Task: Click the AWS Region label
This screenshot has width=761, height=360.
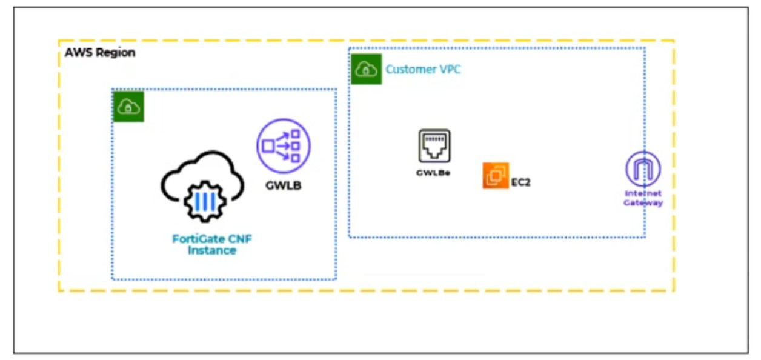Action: [100, 53]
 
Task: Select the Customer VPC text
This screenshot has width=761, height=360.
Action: [423, 69]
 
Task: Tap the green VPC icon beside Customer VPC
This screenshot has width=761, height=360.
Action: [366, 69]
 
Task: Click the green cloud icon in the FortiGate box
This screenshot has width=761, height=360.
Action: [128, 107]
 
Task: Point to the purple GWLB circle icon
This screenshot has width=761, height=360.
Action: [283, 146]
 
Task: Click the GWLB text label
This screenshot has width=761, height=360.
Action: [284, 185]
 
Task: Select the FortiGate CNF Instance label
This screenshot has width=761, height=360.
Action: [212, 244]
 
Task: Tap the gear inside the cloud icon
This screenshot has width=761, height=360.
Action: [205, 202]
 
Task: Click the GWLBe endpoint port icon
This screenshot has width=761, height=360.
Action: [434, 146]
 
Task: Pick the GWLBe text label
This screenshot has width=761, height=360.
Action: [433, 173]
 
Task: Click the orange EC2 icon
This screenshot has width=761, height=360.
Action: [496, 175]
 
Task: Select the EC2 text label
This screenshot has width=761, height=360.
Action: [521, 182]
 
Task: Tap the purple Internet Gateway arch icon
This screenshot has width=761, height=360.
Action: [643, 169]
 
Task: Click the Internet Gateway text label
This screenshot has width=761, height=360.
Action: [643, 198]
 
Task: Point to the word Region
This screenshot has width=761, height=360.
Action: [116, 53]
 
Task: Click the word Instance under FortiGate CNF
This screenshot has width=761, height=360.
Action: [212, 250]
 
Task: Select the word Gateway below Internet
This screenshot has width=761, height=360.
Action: [643, 203]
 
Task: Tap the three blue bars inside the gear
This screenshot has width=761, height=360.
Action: [205, 202]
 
